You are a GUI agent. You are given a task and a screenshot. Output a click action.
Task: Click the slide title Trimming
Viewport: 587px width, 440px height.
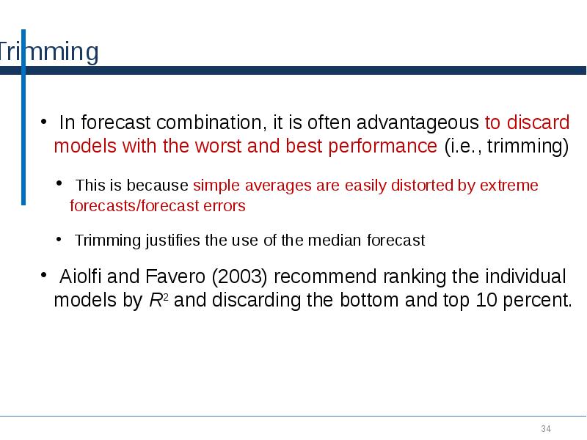pyautogui.click(x=48, y=53)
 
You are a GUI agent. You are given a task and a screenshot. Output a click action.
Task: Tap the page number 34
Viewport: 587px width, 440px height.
pyautogui.click(x=546, y=428)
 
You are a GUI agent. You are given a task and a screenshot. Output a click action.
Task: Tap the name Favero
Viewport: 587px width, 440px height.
pyautogui.click(x=169, y=277)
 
